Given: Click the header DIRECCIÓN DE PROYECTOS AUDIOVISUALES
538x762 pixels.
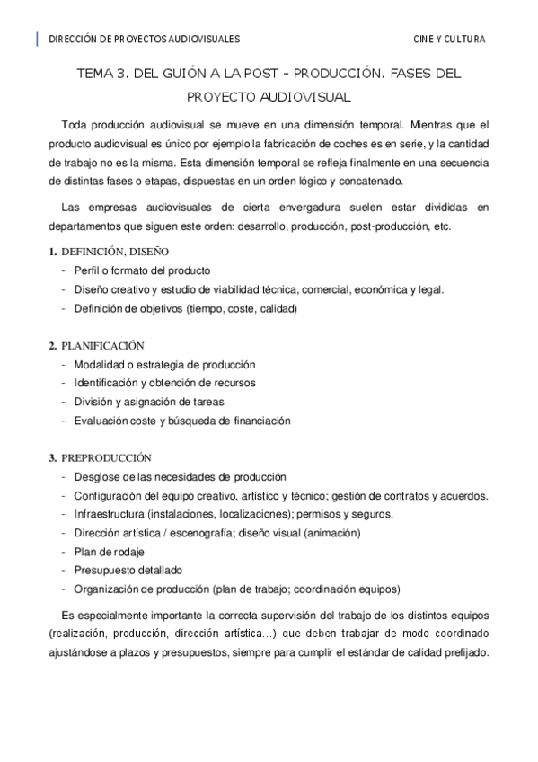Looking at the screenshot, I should (x=144, y=40).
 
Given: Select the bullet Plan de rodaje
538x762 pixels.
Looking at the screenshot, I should (x=109, y=551).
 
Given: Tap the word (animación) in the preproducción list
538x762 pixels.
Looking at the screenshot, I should (x=331, y=532).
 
